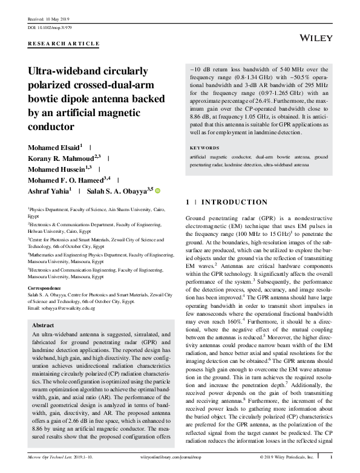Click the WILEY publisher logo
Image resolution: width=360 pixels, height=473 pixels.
tap(317, 38)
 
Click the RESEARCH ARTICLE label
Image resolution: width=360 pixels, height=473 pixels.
tap(64, 44)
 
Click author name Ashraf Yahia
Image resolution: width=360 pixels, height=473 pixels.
tap(48, 190)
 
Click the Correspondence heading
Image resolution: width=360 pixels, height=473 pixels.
tap(48, 289)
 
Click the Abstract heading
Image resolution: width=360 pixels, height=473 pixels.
tap(46, 324)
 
